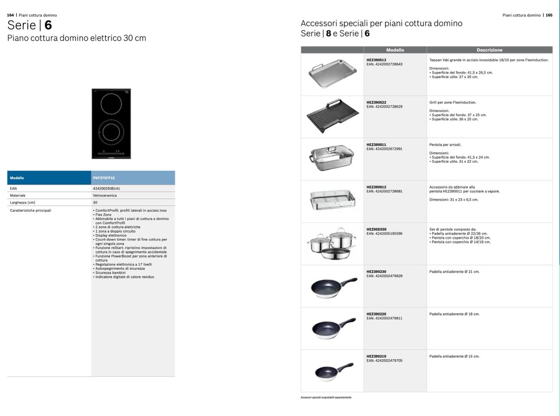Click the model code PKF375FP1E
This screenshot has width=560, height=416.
tap(104, 178)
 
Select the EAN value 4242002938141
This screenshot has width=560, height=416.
tap(106, 189)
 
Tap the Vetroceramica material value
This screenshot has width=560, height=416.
tap(104, 196)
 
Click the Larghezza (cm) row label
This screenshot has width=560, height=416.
tap(23, 203)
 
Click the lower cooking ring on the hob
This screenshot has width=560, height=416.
tap(111, 131)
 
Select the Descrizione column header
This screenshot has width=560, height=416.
tap(489, 50)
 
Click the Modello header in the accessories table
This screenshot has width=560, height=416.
tap(395, 50)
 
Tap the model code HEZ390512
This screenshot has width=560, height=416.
tap(376, 60)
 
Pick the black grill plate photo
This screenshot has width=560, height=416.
tap(332, 116)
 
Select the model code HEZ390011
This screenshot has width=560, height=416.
tap(376, 145)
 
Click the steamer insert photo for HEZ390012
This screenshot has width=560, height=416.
tap(332, 200)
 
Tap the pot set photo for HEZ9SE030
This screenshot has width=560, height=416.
tap(332, 243)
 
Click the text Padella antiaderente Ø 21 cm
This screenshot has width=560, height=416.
tap(454, 272)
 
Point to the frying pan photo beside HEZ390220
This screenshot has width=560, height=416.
tap(333, 329)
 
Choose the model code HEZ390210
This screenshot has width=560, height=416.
tap(376, 357)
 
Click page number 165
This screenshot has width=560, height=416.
tap(549, 15)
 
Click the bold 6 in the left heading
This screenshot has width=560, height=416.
tap(48, 25)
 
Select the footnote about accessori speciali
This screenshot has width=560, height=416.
tap(326, 397)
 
